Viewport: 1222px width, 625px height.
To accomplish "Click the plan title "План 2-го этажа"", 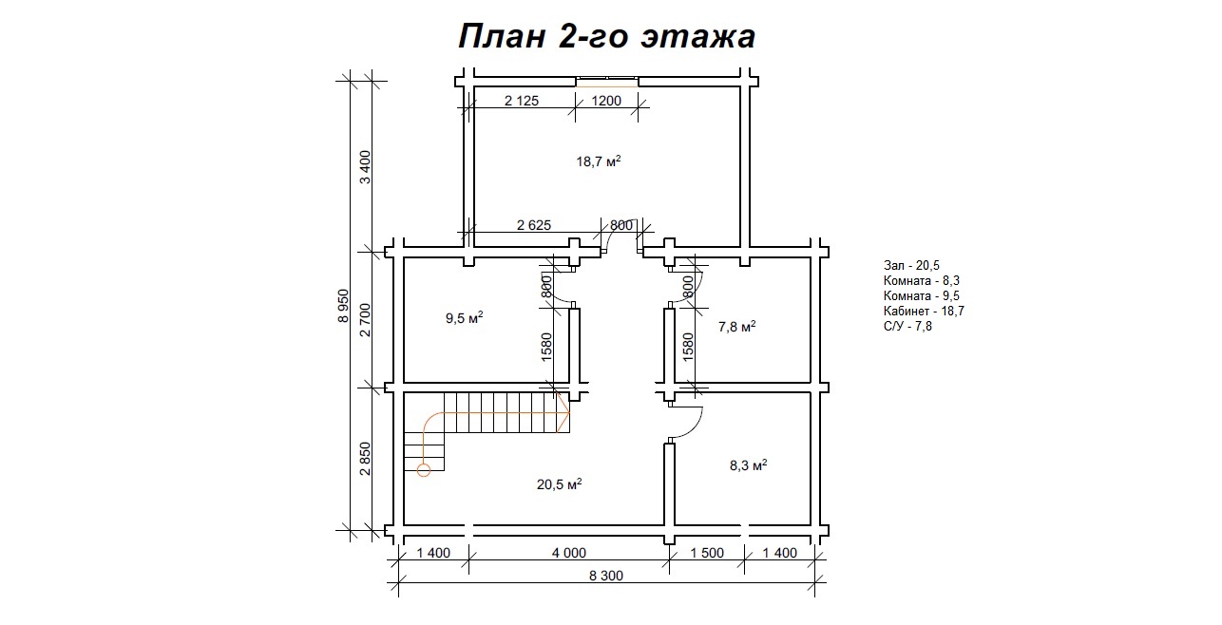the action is (606, 36).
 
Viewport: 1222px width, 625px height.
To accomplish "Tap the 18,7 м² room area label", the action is (599, 161).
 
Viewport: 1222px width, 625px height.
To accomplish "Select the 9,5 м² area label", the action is (465, 317).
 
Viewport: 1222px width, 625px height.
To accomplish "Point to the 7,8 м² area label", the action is (736, 326).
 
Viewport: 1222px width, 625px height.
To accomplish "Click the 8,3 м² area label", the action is (749, 465).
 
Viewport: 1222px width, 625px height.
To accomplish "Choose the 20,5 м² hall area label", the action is (559, 484).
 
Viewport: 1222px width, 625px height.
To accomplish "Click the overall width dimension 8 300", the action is (606, 576).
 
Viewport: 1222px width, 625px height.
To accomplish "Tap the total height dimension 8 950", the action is (343, 306).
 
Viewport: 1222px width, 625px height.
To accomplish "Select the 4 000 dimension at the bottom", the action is (568, 553).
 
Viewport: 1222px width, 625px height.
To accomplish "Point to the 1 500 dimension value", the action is (706, 553).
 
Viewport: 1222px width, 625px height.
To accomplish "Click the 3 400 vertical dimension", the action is (365, 167).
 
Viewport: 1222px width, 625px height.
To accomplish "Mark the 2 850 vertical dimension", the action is (365, 459).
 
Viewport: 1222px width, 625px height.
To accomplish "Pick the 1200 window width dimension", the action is (606, 101).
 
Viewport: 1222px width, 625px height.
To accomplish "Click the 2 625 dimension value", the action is (533, 225).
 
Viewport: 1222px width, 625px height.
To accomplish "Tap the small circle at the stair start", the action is (424, 469).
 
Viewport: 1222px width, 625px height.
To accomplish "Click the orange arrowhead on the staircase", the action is (563, 413).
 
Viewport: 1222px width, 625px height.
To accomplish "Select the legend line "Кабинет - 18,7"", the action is (924, 311).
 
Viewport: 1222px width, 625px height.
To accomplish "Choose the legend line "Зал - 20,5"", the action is (911, 266).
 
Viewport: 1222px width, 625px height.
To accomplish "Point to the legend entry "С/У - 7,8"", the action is (907, 326).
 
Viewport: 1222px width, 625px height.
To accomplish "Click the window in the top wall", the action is (606, 82).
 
